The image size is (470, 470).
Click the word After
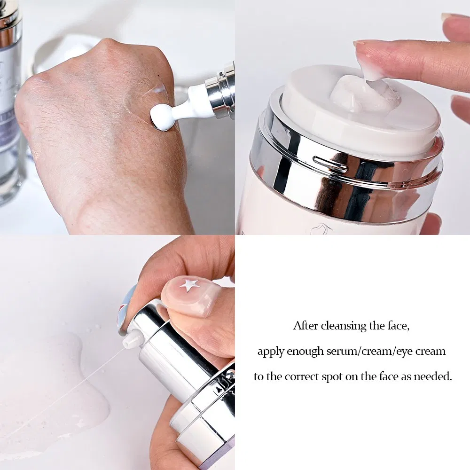[306, 326]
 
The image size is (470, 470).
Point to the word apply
[270, 351]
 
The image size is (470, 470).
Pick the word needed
[435, 376]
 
